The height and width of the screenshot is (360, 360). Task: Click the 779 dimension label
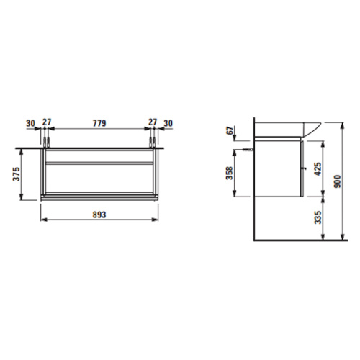point(99,123)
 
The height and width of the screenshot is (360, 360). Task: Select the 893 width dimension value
point(99,215)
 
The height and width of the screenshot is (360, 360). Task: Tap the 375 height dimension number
point(17,174)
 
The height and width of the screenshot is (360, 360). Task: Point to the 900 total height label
point(337,181)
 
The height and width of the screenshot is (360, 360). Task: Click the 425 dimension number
point(318,169)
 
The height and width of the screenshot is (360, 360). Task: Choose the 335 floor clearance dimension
point(318,217)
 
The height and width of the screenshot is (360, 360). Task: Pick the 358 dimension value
point(230,173)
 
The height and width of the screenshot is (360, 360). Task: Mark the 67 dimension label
point(230,131)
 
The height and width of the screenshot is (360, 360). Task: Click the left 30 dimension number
point(30,123)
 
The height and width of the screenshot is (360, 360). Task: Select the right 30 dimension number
point(168,123)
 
